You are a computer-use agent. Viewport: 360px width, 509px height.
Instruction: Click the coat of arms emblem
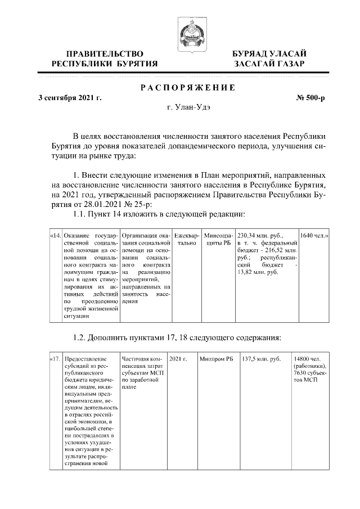pos(188,34)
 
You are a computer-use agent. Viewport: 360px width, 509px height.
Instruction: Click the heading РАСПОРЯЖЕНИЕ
pos(188,88)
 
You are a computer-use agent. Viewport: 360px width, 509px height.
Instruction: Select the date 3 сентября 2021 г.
pos(70,98)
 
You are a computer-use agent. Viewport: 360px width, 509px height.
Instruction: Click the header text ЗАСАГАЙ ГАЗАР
pos(269,64)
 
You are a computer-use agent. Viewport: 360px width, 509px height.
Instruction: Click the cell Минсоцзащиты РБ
pos(218,239)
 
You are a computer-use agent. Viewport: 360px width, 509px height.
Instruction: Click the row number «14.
pos(56,235)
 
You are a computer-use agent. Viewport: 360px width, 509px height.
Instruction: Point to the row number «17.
pos(56,358)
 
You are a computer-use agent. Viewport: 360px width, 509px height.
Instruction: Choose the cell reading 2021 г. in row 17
pos(177,358)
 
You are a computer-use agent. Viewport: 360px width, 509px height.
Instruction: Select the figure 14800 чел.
pos(307,358)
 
